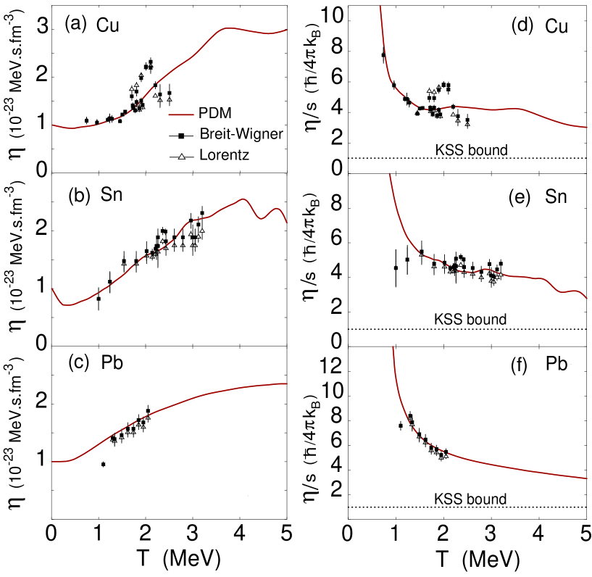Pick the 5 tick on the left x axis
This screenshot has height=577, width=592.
(x=287, y=539)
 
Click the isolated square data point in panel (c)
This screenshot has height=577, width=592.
(x=104, y=464)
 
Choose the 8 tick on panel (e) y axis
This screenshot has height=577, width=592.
(x=334, y=208)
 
